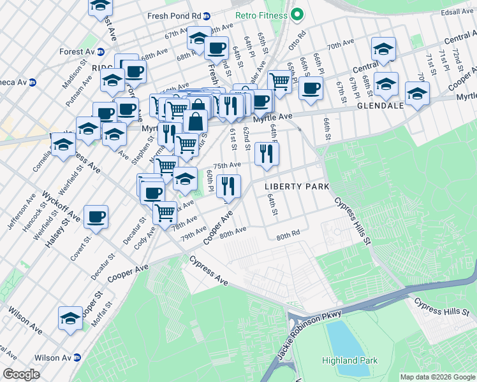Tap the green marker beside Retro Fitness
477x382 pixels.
pyautogui.click(x=297, y=15)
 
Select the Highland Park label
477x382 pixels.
pyautogui.click(x=349, y=360)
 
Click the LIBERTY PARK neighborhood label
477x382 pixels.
pyautogui.click(x=297, y=186)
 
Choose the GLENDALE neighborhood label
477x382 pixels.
pyautogui.click(x=381, y=106)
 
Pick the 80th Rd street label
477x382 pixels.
pyautogui.click(x=288, y=236)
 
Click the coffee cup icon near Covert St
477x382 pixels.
pyautogui.click(x=96, y=217)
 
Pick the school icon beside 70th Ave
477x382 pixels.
pyautogui.click(x=383, y=48)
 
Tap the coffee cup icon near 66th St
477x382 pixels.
pyautogui.click(x=311, y=88)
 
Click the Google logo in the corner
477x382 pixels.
pyautogui.click(x=21, y=374)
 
